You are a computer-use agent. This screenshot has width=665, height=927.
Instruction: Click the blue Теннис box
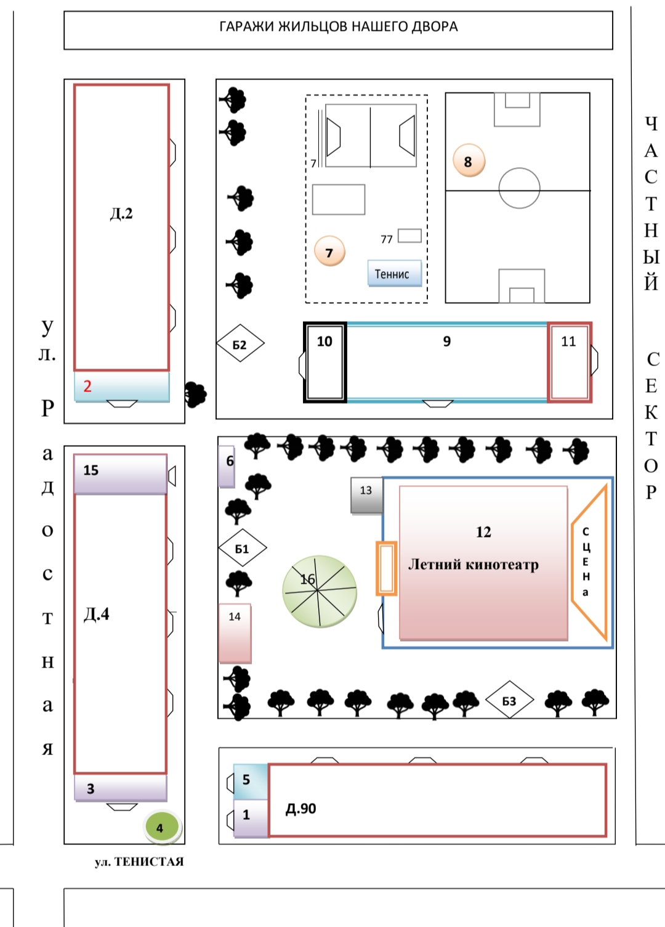tap(394, 274)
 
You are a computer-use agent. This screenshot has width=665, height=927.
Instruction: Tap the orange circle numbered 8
tap(469, 161)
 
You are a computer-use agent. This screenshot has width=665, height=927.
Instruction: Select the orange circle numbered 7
tap(329, 252)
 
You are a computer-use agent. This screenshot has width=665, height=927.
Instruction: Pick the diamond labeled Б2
tap(240, 344)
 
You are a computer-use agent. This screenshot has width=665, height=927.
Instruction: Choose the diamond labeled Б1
tap(243, 548)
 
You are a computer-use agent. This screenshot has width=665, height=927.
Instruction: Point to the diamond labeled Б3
tap(509, 700)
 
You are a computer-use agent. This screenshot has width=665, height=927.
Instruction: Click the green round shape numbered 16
tap(320, 591)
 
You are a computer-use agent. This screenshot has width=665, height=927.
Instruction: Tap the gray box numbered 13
tap(366, 495)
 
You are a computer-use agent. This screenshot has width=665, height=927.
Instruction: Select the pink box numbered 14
tap(235, 633)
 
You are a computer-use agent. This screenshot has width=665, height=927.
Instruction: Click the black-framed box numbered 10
tap(325, 362)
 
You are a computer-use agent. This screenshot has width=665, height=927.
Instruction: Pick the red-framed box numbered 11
tap(570, 362)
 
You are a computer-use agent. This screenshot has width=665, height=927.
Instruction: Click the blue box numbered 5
tap(251, 781)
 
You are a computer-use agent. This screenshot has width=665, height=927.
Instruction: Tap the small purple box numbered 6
tap(227, 466)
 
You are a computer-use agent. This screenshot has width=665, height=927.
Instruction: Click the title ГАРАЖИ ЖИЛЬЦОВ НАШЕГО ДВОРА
tap(338, 27)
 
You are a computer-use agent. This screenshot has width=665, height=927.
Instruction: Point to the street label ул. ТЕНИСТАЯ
tap(139, 862)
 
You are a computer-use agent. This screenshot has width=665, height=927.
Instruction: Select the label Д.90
tap(301, 809)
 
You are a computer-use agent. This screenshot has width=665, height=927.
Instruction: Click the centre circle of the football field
tap(519, 188)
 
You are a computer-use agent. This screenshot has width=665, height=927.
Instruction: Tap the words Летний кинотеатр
tap(474, 564)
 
